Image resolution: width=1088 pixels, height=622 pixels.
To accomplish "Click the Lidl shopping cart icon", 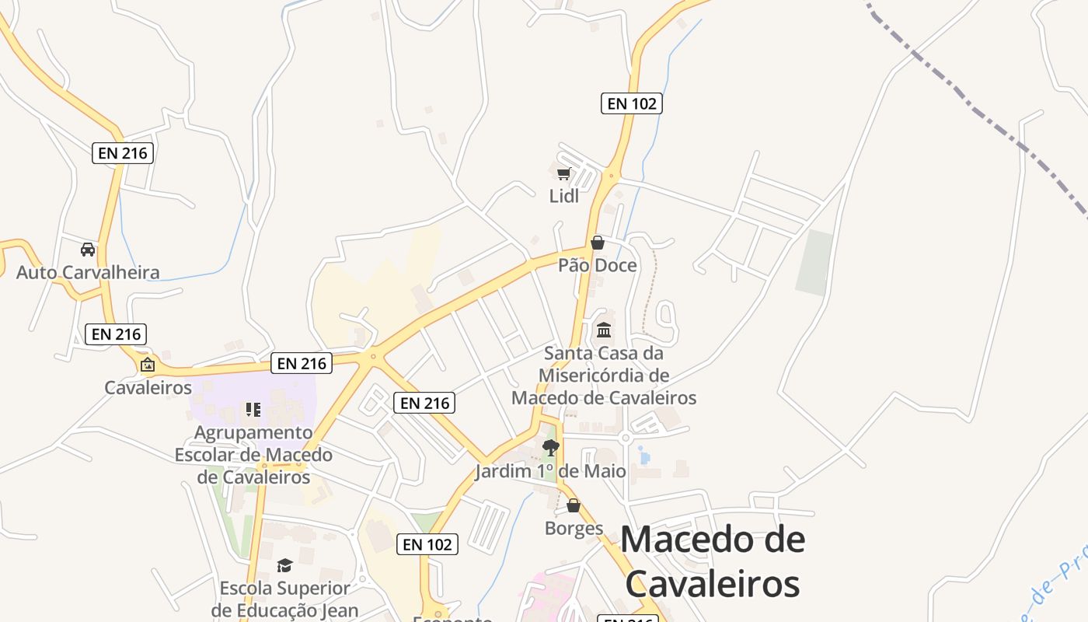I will coord(563,173).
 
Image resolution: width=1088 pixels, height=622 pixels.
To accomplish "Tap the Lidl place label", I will coord(564,196).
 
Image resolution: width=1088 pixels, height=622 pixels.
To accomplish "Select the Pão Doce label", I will coord(598,265).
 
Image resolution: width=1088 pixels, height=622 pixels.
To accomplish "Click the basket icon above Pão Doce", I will coord(598,243).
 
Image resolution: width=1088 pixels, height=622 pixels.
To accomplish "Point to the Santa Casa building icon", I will coord(604,330).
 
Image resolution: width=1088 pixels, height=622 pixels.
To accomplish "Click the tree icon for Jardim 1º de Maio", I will coord(551,447).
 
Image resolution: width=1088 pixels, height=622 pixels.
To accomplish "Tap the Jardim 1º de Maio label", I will coord(550,471).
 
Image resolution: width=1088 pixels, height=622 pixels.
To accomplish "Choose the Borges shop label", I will coord(574,529).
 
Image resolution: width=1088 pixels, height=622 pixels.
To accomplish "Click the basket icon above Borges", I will coord(574,506).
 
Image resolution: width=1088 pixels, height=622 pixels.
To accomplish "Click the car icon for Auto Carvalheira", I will coord(88,250).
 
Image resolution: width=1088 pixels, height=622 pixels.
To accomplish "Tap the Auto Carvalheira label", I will coord(88,272).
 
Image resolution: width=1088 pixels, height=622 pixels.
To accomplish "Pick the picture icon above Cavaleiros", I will coord(148,364).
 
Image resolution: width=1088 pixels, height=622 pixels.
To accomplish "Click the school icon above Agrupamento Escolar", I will coord(253,409).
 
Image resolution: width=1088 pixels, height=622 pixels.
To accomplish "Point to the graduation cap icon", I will coord(284,565).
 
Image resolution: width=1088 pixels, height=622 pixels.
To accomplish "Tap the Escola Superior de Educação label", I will coord(284,599).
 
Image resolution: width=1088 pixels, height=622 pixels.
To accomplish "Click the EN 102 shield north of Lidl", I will coord(631,103).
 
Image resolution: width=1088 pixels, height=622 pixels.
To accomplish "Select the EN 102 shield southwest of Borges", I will coord(427,544).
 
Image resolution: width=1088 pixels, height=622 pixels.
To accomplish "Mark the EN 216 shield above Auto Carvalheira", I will coord(123,153).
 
